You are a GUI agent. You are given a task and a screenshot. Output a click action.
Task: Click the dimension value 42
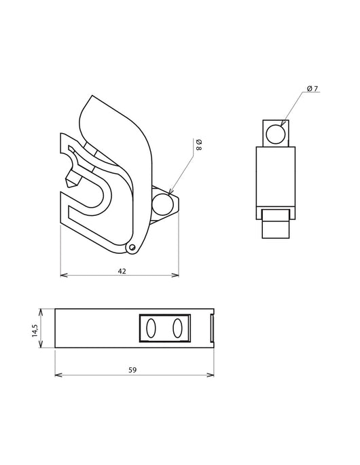122,271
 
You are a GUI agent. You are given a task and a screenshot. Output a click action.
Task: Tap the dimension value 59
132,370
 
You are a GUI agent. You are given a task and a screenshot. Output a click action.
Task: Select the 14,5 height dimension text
35,331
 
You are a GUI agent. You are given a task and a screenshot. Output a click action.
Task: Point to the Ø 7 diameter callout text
312,88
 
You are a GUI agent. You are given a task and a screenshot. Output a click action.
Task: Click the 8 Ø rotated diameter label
199,144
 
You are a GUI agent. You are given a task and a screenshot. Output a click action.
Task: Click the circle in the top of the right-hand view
276,134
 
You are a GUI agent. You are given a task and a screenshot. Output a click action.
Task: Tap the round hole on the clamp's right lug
162,204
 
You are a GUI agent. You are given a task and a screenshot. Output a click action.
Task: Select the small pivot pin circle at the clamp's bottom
132,246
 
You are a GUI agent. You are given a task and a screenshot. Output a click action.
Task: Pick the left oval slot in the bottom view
151,328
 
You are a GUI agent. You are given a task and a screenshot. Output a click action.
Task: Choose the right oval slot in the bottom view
177,328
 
